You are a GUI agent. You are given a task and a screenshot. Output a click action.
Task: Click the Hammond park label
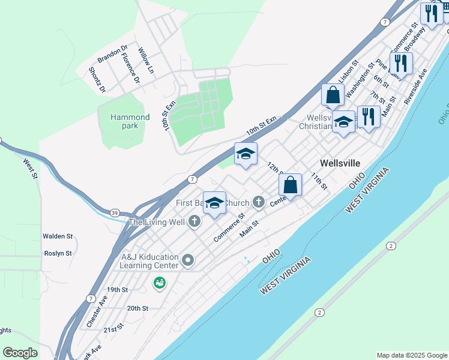coord(130,121)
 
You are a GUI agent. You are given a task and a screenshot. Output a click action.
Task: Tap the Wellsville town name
coord(340,163)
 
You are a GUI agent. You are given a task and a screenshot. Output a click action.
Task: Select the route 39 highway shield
coord(114,212)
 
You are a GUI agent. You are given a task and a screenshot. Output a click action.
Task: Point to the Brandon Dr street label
coord(113,54)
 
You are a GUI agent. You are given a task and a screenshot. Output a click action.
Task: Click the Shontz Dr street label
coord(97,80)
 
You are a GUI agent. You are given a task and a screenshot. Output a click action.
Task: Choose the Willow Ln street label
coord(146,61)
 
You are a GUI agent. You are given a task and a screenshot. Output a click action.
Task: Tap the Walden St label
coord(58,236)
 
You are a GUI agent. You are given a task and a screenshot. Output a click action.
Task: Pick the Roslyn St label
coord(58,253)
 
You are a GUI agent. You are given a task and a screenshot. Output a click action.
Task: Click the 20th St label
coord(137,308)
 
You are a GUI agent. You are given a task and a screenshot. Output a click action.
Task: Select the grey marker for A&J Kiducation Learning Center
coord(188,260)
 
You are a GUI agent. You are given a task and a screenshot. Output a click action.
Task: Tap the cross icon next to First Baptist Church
coord(259,202)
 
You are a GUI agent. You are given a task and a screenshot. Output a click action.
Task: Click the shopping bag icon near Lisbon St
coord(333,95)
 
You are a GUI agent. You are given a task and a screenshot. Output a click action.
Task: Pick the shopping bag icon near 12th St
coord(290,185)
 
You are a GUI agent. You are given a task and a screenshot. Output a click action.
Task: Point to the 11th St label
coord(319,181)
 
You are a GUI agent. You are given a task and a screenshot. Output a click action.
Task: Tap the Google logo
coord(20,353)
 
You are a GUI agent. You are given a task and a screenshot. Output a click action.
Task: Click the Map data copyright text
coord(412,355)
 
